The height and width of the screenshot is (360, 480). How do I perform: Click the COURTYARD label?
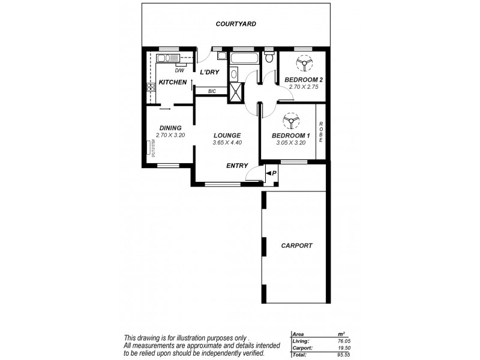pos(236,24)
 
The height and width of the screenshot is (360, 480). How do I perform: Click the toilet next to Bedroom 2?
pos(269,58)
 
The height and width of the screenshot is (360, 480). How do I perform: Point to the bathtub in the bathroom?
pos(242,59)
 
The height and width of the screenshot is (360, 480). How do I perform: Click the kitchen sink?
pos(164,58)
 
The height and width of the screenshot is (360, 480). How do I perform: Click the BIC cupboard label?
pos(212,91)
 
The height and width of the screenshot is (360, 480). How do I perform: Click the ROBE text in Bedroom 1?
pos(321,131)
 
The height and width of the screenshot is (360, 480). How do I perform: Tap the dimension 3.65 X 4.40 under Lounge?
pos(227,143)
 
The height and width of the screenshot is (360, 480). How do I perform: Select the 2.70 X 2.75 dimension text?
pos(304,87)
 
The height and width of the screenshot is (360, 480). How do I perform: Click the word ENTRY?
pos(238,166)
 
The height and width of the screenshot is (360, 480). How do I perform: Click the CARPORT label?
pos(296,245)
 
